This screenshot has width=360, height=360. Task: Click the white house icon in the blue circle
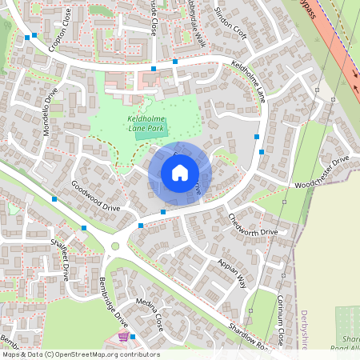pos(180,172)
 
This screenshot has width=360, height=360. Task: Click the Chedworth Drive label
pos(252,224)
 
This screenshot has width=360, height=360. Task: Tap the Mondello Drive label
pos(52,111)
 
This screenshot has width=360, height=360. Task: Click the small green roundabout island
pos(115,246)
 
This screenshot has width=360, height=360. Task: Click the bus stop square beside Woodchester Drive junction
pos(262,151)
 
